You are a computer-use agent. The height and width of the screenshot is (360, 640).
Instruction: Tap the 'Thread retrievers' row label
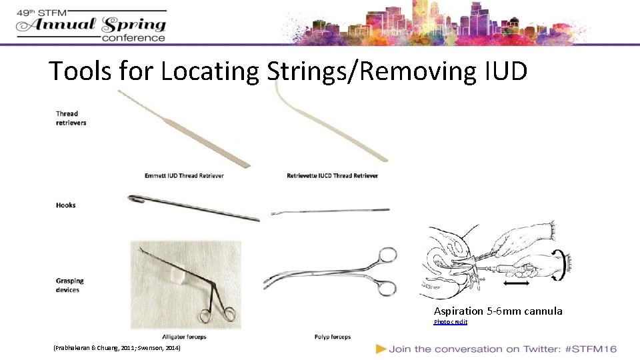(x=71, y=118)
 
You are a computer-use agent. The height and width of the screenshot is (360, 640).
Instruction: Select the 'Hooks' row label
(x=66, y=205)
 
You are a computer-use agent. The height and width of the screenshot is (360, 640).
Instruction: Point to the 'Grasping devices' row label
(x=70, y=285)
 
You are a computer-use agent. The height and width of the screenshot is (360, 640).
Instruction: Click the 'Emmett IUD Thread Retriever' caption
(x=184, y=176)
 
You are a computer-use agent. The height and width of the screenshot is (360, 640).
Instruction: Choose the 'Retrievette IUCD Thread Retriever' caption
(x=332, y=176)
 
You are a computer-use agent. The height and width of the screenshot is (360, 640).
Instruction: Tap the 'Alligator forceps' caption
(x=183, y=337)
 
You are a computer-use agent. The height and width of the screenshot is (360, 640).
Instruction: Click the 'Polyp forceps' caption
(x=332, y=337)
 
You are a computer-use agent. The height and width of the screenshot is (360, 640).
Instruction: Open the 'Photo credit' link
(x=451, y=322)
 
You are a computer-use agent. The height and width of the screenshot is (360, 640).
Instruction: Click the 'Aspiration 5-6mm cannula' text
(x=498, y=311)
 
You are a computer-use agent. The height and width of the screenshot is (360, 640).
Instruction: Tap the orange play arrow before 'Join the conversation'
(x=381, y=349)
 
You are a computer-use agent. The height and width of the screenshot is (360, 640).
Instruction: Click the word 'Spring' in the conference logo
(x=134, y=25)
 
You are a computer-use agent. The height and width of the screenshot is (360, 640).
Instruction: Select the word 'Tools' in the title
(x=82, y=71)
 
